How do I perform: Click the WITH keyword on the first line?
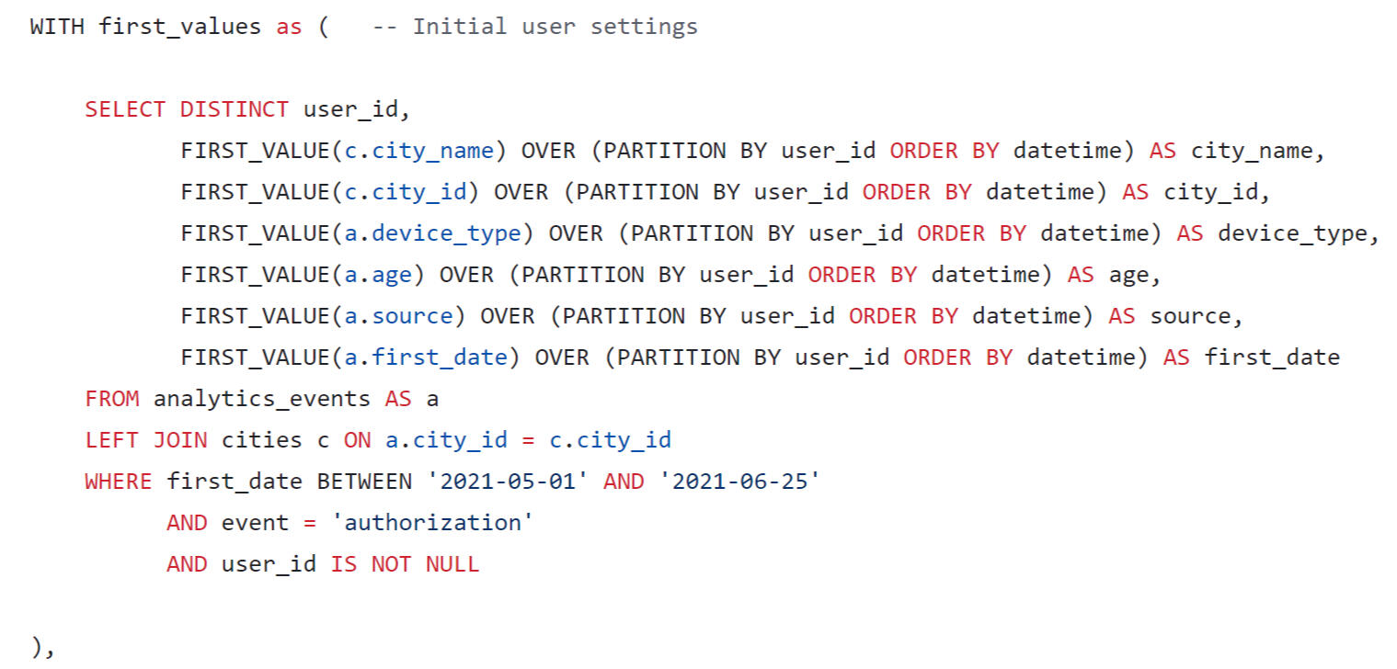tap(57, 27)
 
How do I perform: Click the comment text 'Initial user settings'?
tap(555, 27)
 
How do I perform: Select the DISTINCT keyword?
tap(234, 109)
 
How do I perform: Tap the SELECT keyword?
tap(125, 109)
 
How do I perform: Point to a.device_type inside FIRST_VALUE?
tap(432, 233)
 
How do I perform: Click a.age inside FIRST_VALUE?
tap(378, 275)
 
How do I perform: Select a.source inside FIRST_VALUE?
tap(398, 316)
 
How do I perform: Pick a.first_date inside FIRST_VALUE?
tap(426, 357)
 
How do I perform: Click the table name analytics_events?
tap(261, 399)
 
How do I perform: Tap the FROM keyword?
tap(111, 399)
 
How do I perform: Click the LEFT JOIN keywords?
tap(145, 440)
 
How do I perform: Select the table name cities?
tap(261, 440)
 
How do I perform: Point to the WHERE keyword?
tap(118, 482)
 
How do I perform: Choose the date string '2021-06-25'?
tap(739, 482)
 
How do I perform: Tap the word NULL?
tap(452, 563)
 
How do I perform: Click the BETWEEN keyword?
tap(364, 482)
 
